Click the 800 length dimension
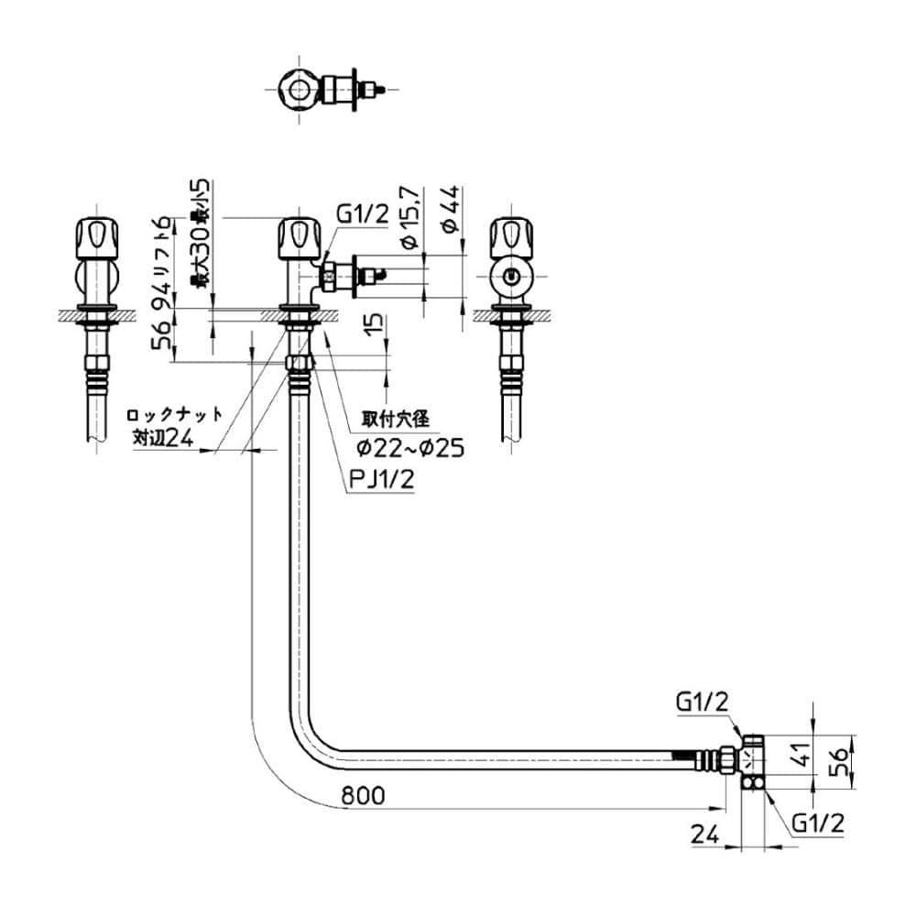(x=361, y=796)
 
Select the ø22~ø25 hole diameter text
(x=410, y=448)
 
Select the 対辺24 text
(x=162, y=439)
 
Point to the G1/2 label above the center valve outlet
(x=362, y=214)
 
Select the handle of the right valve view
(x=509, y=237)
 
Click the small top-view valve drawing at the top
(x=329, y=88)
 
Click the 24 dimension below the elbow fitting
(x=703, y=834)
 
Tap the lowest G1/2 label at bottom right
(x=817, y=823)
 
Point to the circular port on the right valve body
(x=510, y=273)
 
